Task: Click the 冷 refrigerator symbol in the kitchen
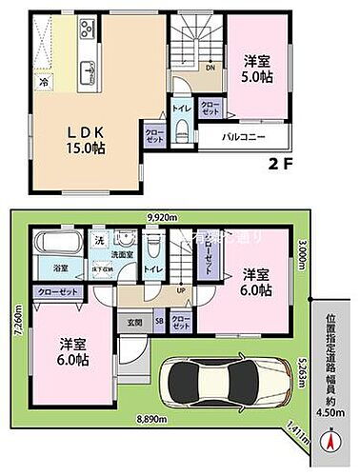click(43, 84)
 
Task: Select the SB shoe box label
click(159, 322)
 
